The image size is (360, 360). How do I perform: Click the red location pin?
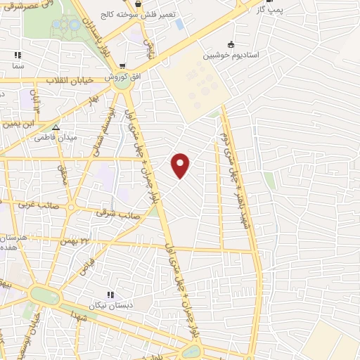(181, 165)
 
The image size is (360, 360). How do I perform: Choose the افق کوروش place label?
(117, 76)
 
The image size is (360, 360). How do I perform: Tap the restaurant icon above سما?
(17, 54)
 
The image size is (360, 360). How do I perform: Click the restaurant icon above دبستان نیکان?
(110, 295)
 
